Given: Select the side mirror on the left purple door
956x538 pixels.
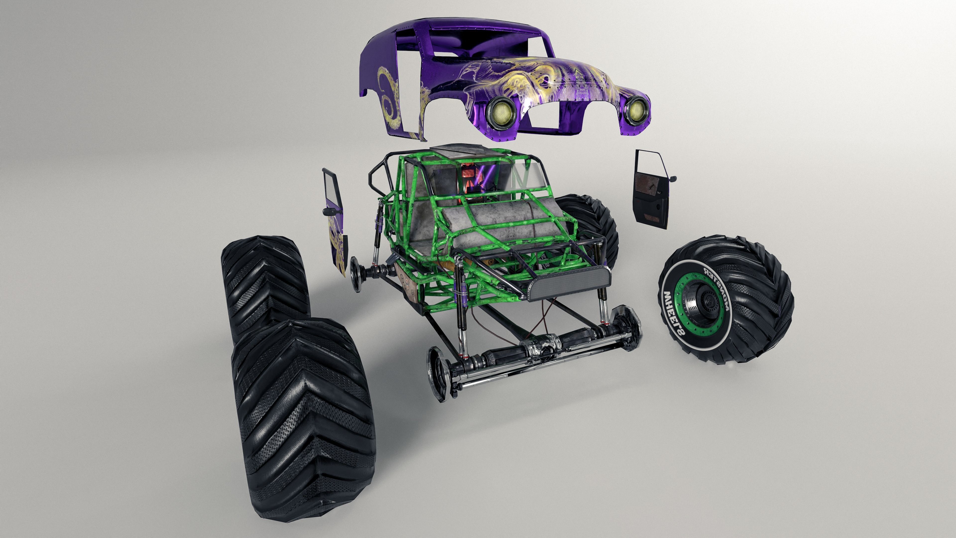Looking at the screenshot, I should click(330, 212).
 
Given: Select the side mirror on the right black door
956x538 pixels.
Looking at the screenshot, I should click(672, 179).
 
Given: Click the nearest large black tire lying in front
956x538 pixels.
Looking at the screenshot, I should click(302, 419).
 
